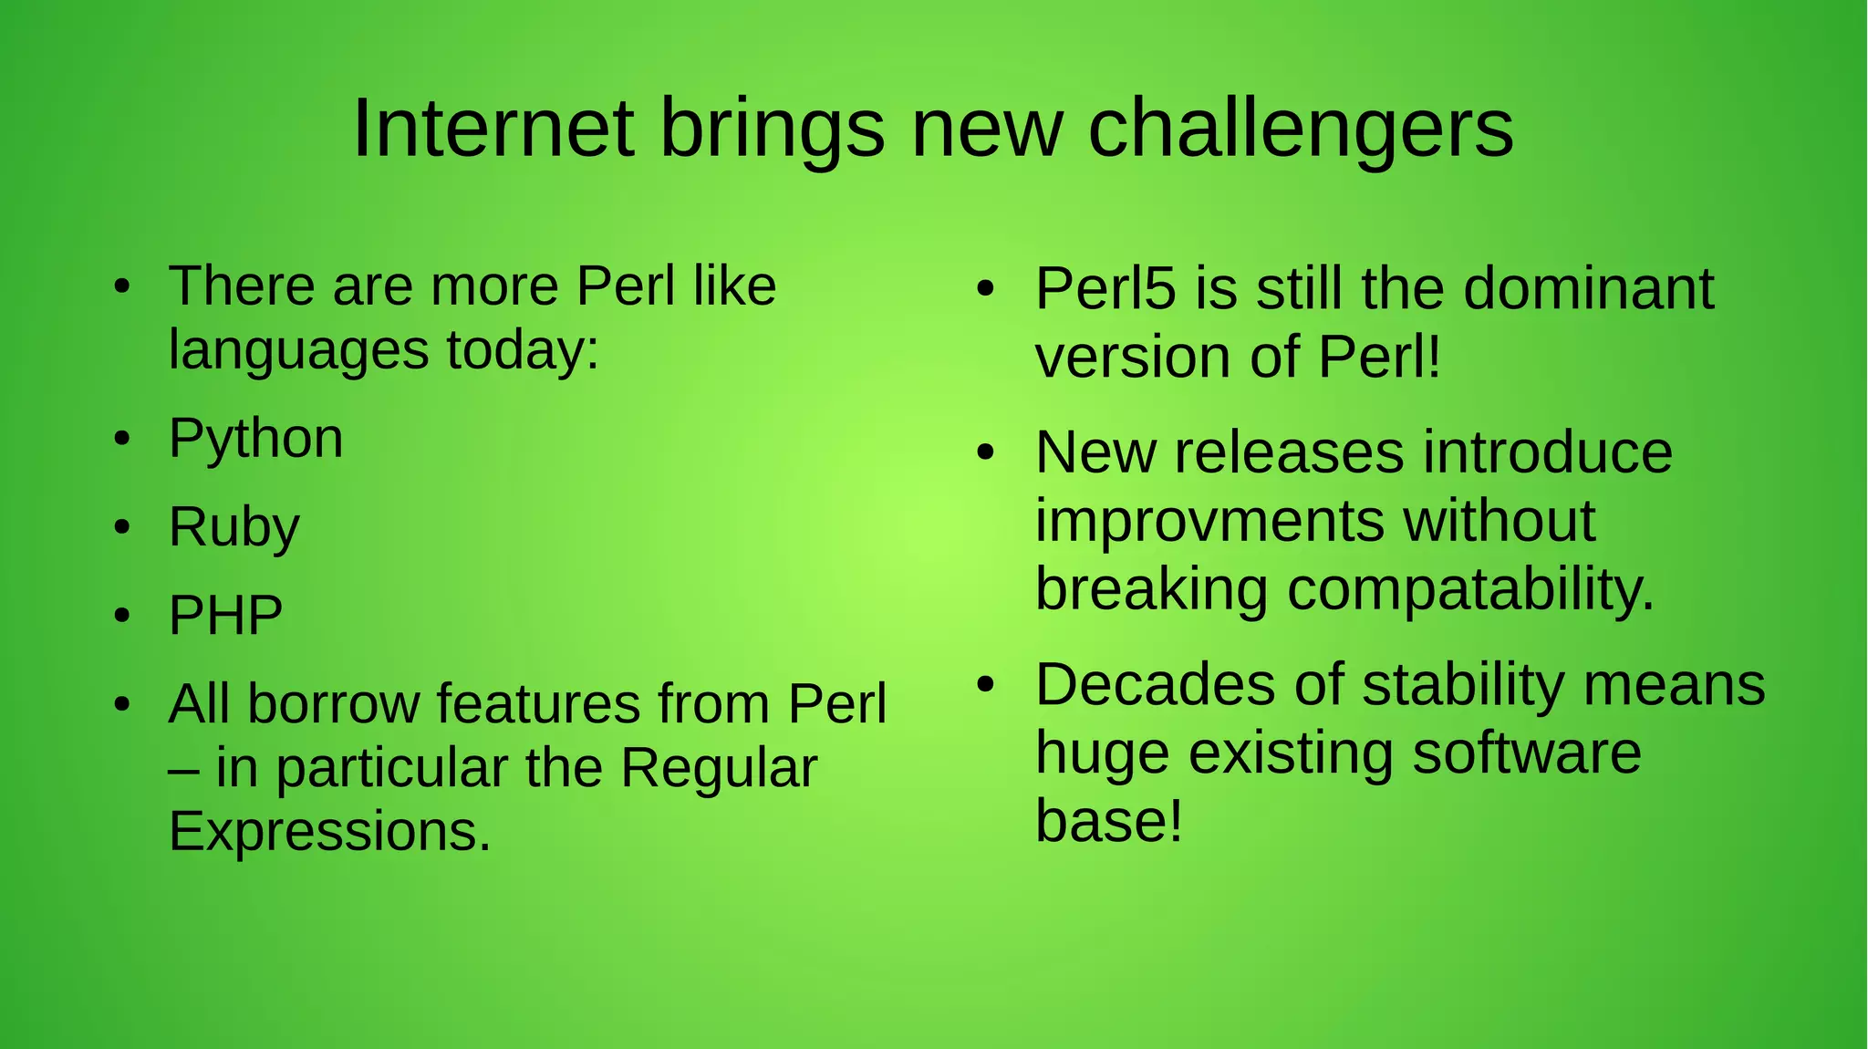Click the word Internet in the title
pos(493,129)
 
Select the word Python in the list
pos(255,440)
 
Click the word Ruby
pos(233,528)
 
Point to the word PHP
pos(225,616)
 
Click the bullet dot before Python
pos(122,440)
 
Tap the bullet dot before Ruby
pos(122,528)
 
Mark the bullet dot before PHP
pos(122,616)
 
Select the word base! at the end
pos(1109,821)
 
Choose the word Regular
pos(719,768)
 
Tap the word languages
pos(298,350)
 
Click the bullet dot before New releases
pos(984,452)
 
